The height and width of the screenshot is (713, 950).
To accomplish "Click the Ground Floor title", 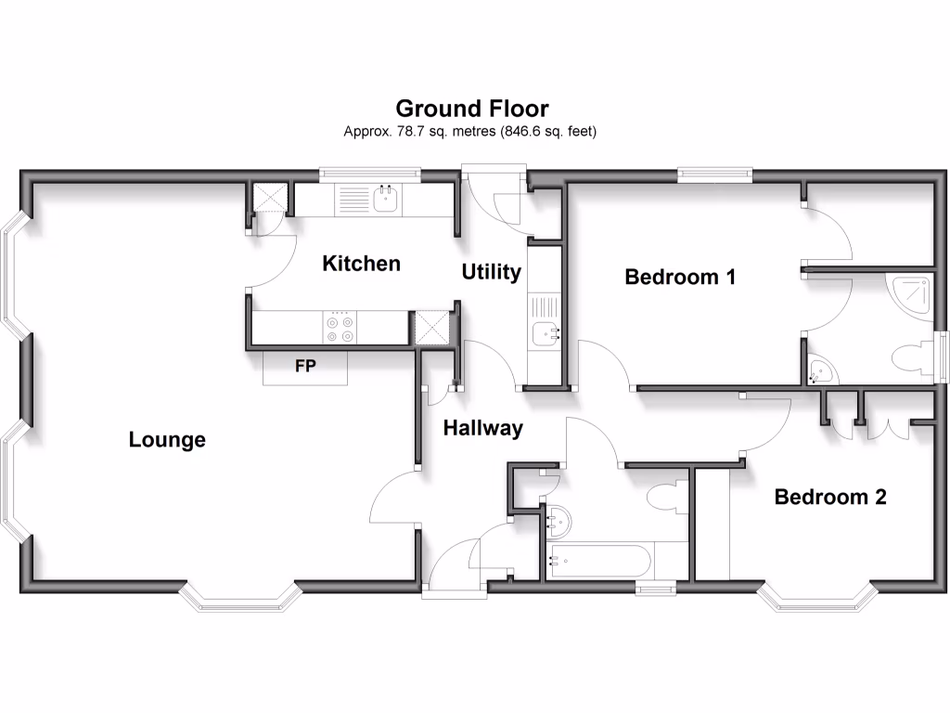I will click(472, 110).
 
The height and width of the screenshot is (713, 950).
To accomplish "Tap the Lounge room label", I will click(167, 440).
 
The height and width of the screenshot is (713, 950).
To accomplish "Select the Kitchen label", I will click(361, 264).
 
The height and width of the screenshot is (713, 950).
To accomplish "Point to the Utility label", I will click(492, 272).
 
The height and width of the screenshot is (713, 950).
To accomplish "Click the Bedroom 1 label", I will click(680, 277).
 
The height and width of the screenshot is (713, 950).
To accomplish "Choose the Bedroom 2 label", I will click(830, 497).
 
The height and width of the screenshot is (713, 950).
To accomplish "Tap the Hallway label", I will click(482, 428).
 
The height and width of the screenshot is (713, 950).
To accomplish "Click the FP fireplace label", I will click(305, 366).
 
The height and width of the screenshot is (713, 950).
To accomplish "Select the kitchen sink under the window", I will click(386, 198).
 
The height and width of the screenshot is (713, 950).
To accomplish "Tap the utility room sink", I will click(544, 331).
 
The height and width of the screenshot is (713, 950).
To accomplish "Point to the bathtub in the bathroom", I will click(598, 561).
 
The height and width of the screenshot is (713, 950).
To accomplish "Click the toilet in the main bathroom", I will click(667, 495).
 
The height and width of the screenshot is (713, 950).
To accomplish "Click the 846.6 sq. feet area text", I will click(548, 132).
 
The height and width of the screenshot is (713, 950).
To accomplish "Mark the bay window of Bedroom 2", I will click(816, 599).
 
